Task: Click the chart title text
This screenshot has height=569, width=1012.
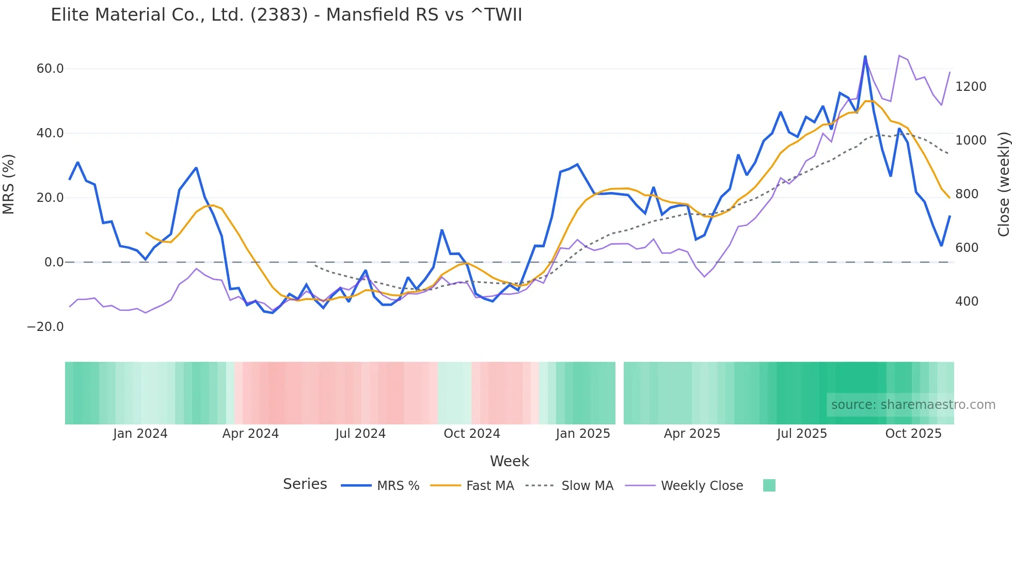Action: coord(286,15)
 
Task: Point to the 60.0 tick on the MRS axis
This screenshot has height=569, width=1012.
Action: coord(50,69)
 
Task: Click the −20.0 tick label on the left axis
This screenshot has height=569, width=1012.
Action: coord(45,327)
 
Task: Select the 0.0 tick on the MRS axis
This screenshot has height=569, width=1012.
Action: coord(54,262)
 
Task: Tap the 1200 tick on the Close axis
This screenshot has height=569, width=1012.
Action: coord(971,87)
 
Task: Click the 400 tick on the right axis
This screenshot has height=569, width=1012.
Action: coord(967,302)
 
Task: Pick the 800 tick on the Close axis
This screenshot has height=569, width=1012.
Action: coord(967,194)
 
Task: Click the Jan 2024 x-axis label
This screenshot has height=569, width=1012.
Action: coord(140,434)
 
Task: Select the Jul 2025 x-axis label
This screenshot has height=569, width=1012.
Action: coord(801,434)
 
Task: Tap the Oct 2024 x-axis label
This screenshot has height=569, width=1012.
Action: coord(471,434)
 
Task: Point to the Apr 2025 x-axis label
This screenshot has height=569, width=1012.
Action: coord(692,434)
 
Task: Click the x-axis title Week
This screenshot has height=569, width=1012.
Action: coord(509,461)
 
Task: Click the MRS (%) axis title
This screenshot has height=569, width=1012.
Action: coord(9,184)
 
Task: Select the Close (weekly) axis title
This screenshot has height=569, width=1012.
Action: coord(1003,184)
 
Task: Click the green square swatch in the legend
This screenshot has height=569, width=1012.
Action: coord(769,485)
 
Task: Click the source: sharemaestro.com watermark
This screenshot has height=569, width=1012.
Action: coord(913,405)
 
